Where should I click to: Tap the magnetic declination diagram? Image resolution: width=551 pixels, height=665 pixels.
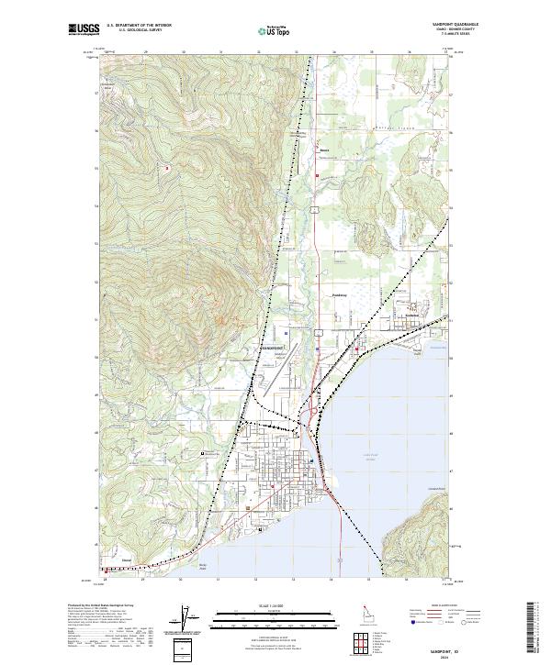point(182,616)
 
